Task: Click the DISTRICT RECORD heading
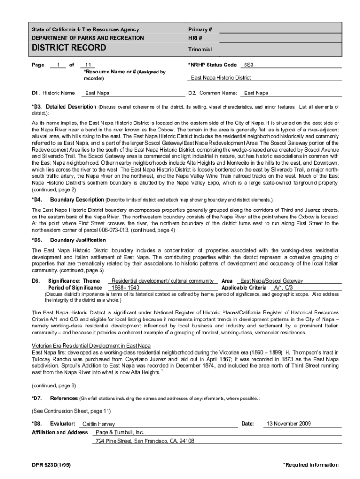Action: tap(69, 48)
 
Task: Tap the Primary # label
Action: tap(200, 29)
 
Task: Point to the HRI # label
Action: tap(195, 38)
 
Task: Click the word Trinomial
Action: tap(200, 50)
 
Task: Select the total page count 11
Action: tap(88, 65)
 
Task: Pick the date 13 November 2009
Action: tap(288, 424)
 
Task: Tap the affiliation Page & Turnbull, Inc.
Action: tap(120, 432)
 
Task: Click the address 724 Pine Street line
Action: tap(144, 441)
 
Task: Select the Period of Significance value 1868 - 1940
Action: tap(125, 287)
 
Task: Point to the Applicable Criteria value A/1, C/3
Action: tap(283, 287)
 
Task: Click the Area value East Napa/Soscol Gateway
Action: tap(271, 281)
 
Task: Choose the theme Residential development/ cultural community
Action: tap(163, 281)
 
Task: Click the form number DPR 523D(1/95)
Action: tap(51, 465)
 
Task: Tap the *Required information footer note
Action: tap(310, 465)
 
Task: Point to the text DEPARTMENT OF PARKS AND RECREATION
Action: tap(88, 38)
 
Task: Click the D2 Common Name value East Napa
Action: tap(256, 93)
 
